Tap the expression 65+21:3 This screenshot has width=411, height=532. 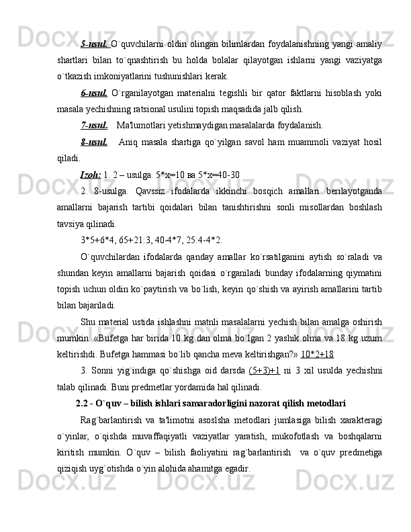point(141,239)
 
